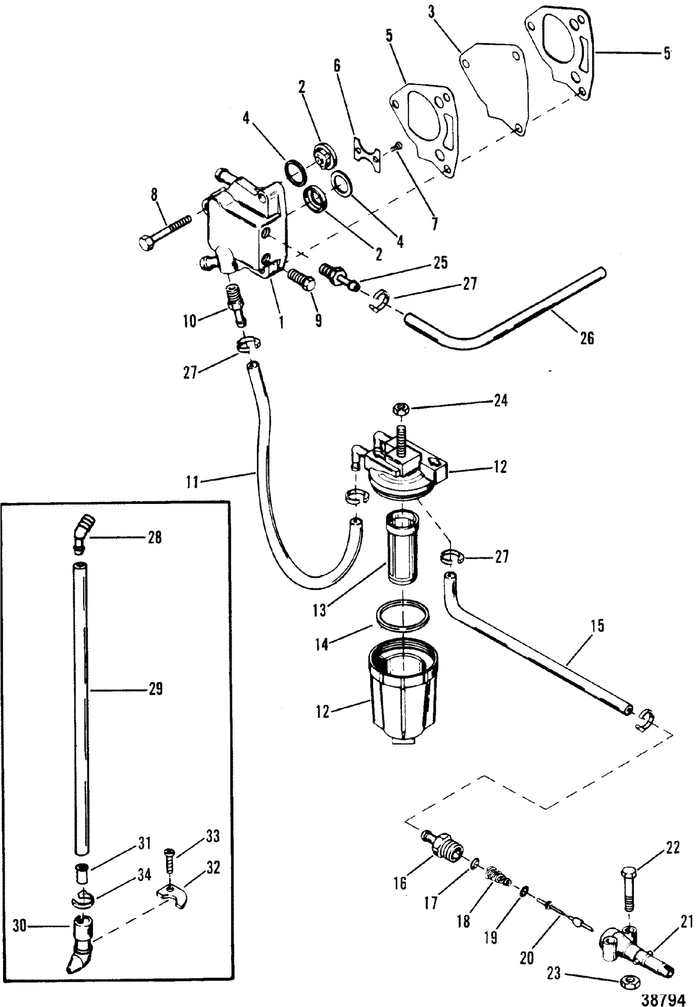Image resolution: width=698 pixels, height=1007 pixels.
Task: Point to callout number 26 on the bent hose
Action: click(587, 337)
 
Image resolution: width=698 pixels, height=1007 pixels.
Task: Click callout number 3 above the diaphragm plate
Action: click(432, 13)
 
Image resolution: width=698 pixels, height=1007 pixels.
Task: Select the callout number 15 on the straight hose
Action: click(598, 626)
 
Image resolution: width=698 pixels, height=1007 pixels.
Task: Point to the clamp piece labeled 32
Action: click(173, 895)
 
